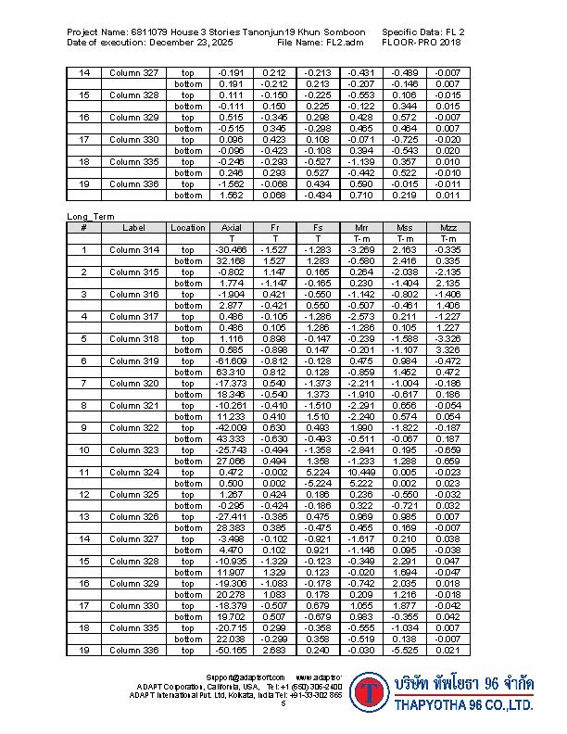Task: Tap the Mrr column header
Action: (362, 228)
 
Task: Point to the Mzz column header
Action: (448, 228)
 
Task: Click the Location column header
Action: (188, 228)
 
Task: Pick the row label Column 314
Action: (134, 250)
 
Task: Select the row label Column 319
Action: (134, 361)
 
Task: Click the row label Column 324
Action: (134, 472)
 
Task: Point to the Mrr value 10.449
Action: (361, 472)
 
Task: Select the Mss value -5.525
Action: (405, 649)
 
